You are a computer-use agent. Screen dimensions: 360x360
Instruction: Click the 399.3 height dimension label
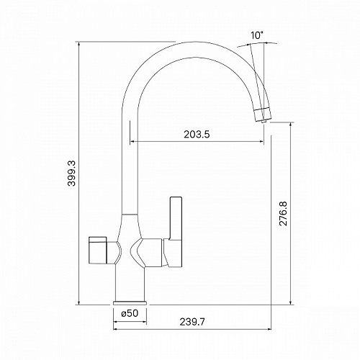click(x=72, y=174)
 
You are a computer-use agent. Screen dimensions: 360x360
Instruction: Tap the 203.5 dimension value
click(x=197, y=134)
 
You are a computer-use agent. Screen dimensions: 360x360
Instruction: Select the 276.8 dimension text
click(x=283, y=214)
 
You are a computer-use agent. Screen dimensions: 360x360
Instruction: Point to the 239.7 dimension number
click(x=192, y=322)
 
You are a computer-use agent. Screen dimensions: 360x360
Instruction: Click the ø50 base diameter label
click(x=130, y=313)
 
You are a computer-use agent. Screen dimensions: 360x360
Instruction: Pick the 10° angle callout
click(x=257, y=35)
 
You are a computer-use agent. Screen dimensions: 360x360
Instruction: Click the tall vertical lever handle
click(x=176, y=218)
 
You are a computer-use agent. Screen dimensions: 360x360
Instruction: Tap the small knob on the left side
click(x=97, y=250)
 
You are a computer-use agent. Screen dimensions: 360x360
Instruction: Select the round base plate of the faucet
click(x=130, y=302)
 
